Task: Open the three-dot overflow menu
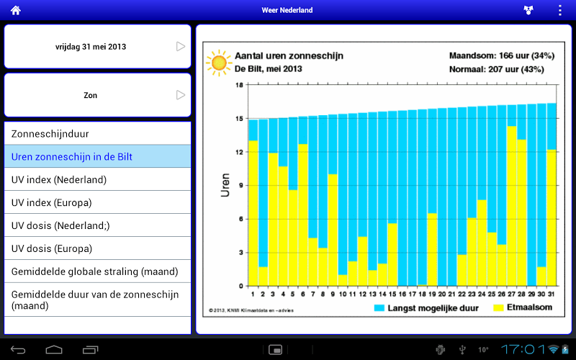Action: pos(560,10)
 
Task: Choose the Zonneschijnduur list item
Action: pos(98,133)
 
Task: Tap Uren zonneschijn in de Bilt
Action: pos(98,156)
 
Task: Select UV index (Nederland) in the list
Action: pos(98,179)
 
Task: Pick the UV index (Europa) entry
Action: pos(98,202)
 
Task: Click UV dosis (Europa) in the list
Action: pos(98,248)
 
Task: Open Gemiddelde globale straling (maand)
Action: pos(98,271)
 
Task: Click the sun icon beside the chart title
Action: pos(217,63)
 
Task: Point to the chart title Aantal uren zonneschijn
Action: pos(289,55)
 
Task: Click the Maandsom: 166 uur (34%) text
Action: pos(496,55)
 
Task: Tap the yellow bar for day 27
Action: pos(511,205)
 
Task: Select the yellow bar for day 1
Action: pos(253,212)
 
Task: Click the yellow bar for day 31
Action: pos(552,217)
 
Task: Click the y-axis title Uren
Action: pos(225,185)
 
